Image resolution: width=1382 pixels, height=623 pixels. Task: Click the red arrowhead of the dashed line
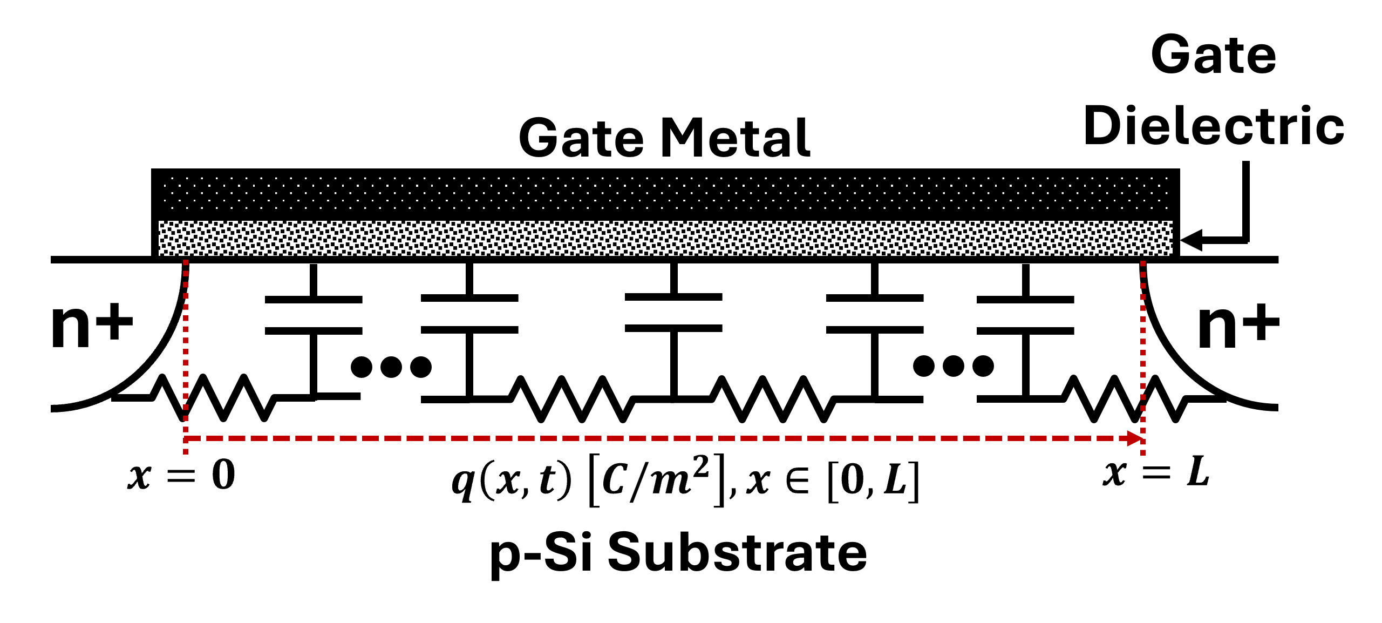(x=1135, y=438)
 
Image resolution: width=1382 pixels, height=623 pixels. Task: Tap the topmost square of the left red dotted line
(x=186, y=262)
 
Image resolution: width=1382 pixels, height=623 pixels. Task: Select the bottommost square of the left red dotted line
(x=186, y=451)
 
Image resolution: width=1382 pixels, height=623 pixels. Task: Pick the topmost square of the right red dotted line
(x=1143, y=263)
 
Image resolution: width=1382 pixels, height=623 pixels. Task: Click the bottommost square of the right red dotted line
(x=1143, y=452)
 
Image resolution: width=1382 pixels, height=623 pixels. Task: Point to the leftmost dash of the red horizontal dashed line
(x=193, y=438)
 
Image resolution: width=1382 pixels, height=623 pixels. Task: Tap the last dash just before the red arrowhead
(x=1105, y=438)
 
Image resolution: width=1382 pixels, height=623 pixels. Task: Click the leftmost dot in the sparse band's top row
(x=172, y=178)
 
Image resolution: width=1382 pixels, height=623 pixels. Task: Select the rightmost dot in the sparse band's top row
(x=1166, y=178)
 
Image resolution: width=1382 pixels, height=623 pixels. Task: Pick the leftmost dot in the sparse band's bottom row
(x=172, y=208)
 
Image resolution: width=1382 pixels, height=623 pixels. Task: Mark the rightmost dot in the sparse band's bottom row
(x=1166, y=208)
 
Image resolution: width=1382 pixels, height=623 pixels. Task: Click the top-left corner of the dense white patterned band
(x=159, y=221)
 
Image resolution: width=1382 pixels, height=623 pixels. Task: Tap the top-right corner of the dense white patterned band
(x=1172, y=221)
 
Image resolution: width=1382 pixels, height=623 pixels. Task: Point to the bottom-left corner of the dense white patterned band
(x=159, y=255)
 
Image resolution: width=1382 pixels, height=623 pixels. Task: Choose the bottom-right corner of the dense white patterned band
(x=1172, y=255)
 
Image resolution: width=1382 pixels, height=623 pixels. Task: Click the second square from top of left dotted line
(x=186, y=273)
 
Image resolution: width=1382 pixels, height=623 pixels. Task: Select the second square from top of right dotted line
(x=1143, y=274)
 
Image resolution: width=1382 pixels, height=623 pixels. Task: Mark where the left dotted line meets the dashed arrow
(x=186, y=438)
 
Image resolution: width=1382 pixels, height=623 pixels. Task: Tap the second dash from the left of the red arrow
(x=215, y=438)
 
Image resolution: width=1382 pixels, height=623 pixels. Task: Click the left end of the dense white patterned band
(x=160, y=238)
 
